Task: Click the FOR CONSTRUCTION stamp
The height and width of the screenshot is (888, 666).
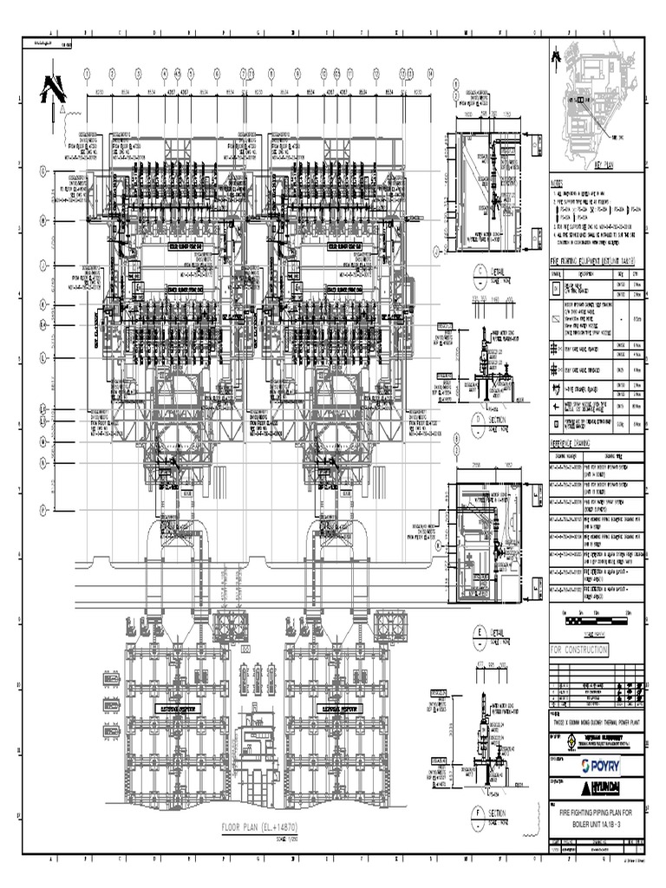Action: pos(579,650)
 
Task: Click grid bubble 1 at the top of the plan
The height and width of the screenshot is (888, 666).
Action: pos(88,73)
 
